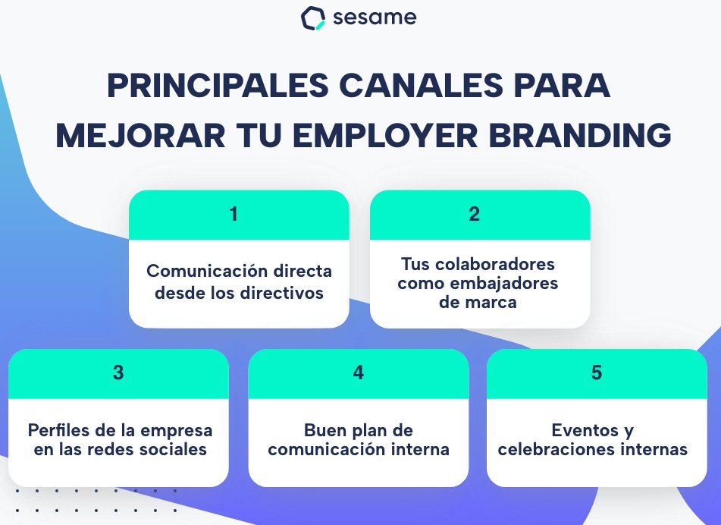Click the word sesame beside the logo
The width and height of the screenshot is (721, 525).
pos(375,17)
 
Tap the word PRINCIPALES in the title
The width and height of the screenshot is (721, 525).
pos(218,86)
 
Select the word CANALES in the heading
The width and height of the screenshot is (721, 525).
pos(421,86)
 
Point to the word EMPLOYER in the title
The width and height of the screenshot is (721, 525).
pos(385,135)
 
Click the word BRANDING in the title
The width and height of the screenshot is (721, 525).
pos(580,135)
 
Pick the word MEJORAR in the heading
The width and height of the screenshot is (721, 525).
pos(140,135)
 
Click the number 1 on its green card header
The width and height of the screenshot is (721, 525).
pos(234,214)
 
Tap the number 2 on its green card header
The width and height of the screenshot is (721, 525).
pos(475,214)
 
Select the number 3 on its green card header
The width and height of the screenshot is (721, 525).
pos(118,373)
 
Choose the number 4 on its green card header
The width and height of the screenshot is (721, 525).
pos(358,373)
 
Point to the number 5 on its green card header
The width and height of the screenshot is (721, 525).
pos(597,373)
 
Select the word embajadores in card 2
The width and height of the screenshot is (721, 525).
pos(503,283)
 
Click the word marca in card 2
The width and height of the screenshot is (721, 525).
pos(494,303)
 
